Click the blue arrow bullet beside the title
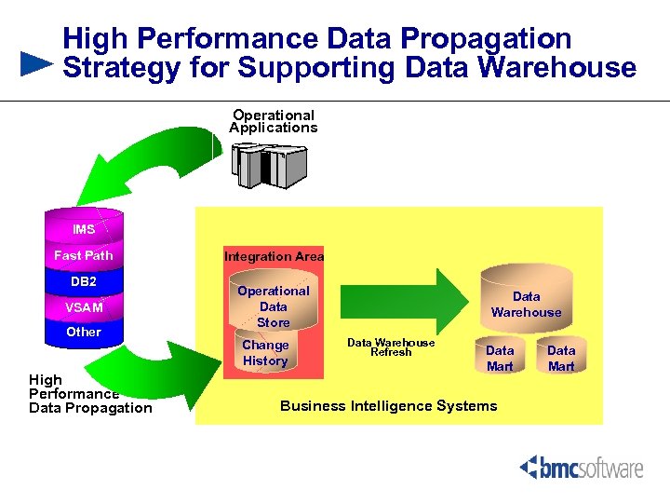click(36, 63)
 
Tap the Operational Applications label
click(274, 121)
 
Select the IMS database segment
click(84, 229)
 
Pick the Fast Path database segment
click(84, 255)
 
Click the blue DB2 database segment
click(84, 281)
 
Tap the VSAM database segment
click(84, 307)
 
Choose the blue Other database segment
click(84, 333)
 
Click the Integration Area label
click(274, 256)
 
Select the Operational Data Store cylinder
click(274, 306)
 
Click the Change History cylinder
click(266, 353)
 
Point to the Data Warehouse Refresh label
click(391, 347)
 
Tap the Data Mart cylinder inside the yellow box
click(500, 357)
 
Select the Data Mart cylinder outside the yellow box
click(561, 357)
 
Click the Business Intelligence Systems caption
click(389, 405)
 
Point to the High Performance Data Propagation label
click(89, 394)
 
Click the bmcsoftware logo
click(582, 467)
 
